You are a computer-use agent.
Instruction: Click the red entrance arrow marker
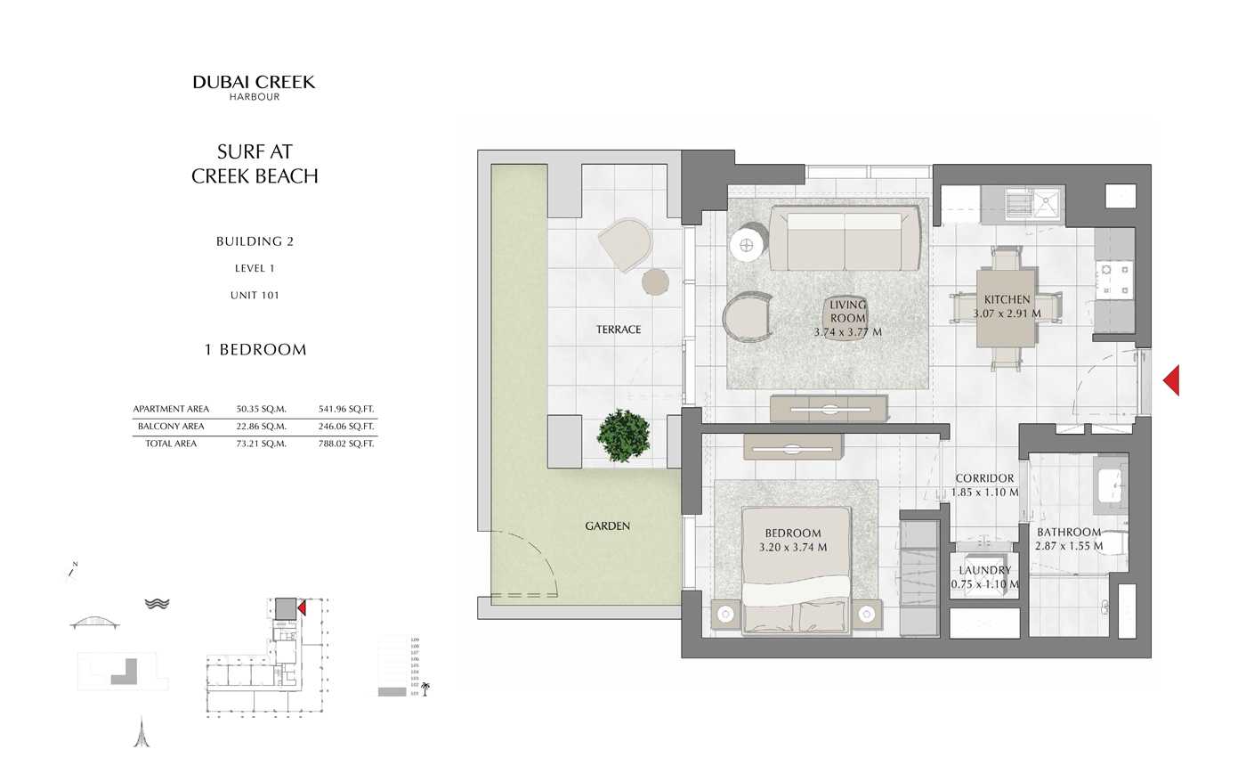[x=1172, y=380]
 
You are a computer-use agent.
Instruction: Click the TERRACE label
[x=619, y=330]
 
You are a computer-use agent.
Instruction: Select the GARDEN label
[x=608, y=526]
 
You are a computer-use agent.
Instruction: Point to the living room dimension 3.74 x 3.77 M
[x=847, y=332]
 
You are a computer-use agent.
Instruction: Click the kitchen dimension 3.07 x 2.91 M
[x=1007, y=314]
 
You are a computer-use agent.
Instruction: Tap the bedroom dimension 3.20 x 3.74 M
[x=792, y=548]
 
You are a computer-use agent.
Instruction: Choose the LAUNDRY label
[x=984, y=570]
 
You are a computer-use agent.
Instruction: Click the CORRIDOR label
[x=984, y=478]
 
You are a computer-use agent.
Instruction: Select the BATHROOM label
[x=1069, y=533]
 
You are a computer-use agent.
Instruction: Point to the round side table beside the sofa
[x=745, y=245]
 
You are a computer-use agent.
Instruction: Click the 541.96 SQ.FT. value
[x=346, y=410]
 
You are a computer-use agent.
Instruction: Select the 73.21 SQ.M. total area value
[x=261, y=444]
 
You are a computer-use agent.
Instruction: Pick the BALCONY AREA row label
[x=171, y=427]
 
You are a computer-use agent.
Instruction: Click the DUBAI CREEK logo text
[x=254, y=83]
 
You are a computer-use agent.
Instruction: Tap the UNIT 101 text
[x=255, y=296]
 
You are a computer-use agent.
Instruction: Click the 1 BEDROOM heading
[x=255, y=350]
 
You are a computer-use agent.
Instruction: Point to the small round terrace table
[x=655, y=281]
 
